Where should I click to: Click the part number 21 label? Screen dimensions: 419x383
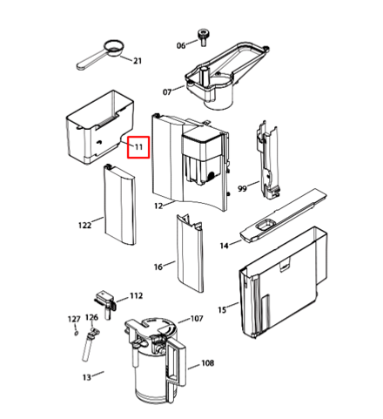[x=137, y=60]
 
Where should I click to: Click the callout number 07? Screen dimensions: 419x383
[x=166, y=91]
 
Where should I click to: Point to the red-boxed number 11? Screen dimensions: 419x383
[x=138, y=148]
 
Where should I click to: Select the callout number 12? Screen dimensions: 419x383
[x=158, y=206]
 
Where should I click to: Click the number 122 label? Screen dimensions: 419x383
[x=84, y=226]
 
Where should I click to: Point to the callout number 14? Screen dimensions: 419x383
[x=224, y=247]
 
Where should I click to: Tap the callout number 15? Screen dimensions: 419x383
[x=221, y=309]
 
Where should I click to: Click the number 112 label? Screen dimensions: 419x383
[x=136, y=296]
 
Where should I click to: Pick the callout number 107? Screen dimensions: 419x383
[x=197, y=319]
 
